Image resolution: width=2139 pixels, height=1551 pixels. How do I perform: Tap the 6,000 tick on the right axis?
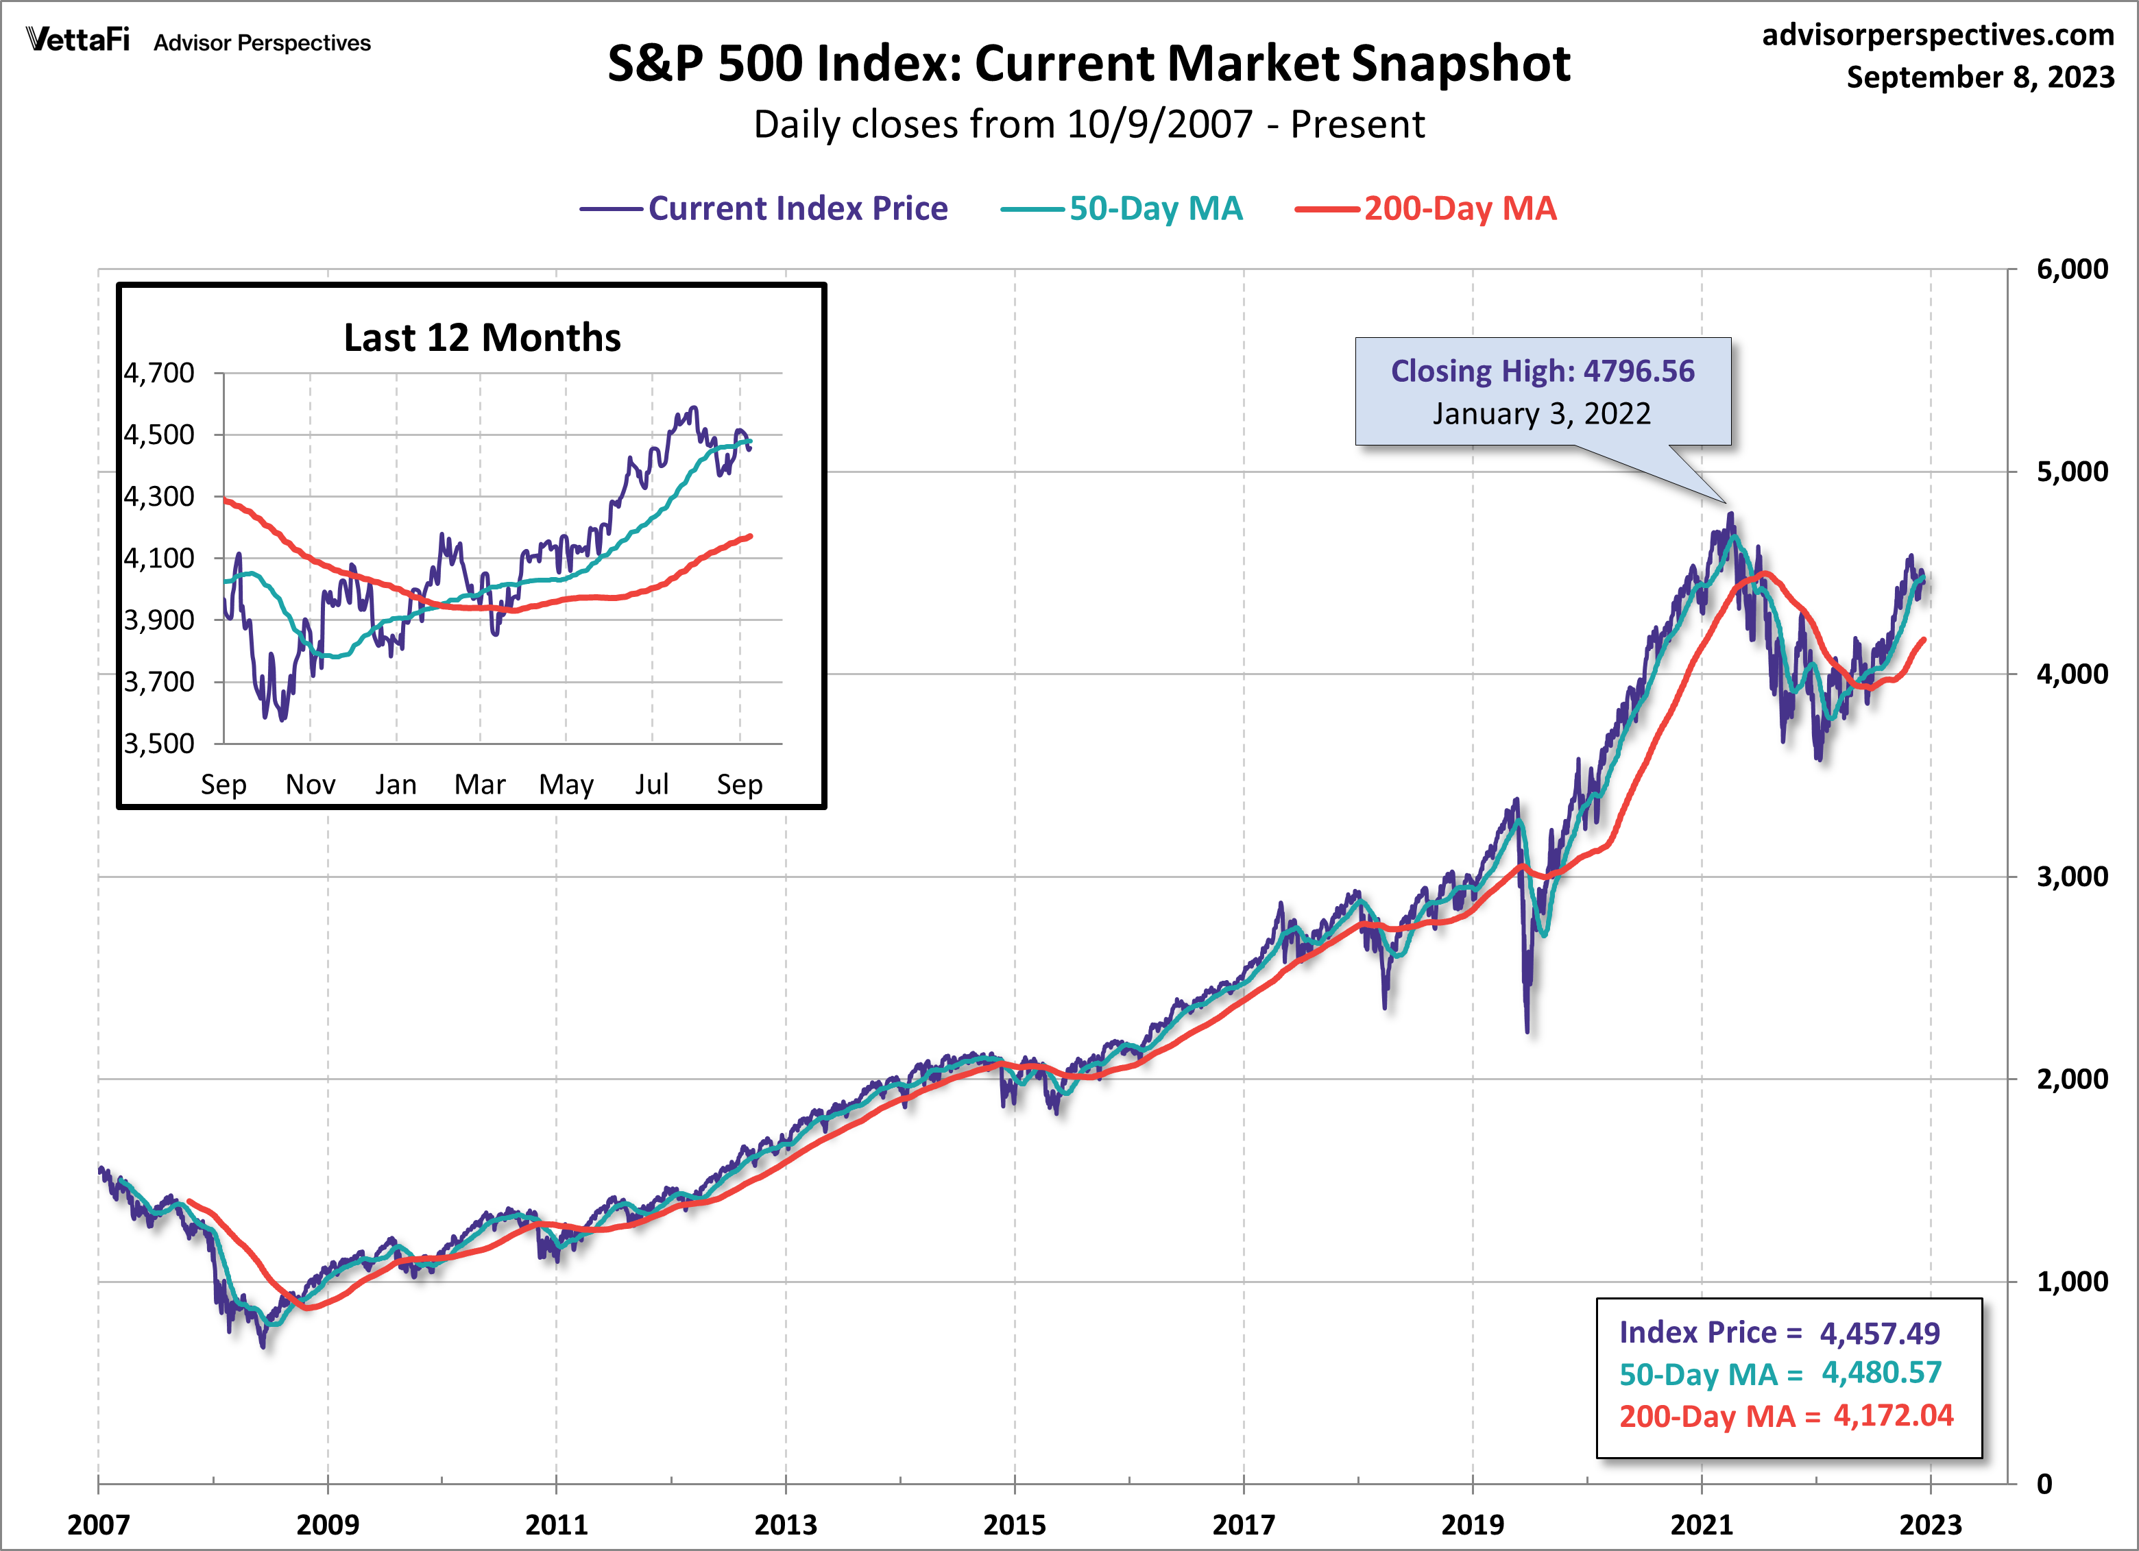2071,269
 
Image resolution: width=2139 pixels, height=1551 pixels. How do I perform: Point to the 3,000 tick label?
2071,877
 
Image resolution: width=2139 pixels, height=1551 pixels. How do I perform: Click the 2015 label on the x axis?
1014,1524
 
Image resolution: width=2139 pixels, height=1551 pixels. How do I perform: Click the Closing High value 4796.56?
1639,371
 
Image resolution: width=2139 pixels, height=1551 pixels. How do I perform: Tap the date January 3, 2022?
1542,414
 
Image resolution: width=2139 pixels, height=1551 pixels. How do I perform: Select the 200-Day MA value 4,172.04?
1893,1415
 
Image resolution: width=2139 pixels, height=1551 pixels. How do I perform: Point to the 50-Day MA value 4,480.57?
1881,1373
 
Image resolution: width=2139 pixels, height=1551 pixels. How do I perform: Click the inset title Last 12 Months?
482,337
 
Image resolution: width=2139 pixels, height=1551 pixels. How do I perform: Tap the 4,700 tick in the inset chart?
159,374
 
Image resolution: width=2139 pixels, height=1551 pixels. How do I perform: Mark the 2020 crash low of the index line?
1527,1031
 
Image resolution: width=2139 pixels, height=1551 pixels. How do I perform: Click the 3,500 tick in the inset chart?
159,744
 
